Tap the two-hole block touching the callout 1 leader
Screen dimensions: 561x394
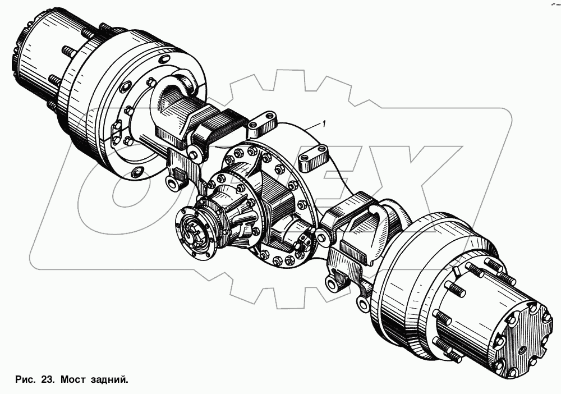pos(262,125)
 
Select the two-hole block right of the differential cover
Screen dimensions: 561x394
pos(313,158)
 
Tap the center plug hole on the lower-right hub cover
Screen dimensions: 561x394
pos(523,341)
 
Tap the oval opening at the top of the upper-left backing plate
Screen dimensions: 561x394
pos(127,88)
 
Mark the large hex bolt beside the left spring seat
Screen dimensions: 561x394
pos(194,152)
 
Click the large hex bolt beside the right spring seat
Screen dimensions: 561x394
pos(322,237)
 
